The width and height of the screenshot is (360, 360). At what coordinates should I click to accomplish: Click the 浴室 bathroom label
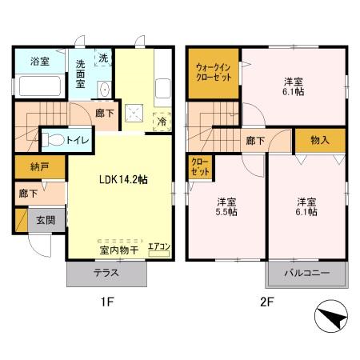(40, 62)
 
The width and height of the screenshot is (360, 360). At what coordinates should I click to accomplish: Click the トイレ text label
(78, 139)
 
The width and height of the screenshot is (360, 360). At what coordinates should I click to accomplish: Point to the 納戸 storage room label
(30, 169)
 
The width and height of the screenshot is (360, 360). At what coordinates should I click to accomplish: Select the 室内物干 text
(119, 251)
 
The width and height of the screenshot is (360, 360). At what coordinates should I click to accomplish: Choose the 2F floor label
(266, 303)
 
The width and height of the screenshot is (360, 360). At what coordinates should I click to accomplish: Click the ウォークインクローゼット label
(213, 73)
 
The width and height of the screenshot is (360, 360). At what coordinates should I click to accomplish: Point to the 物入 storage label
(319, 140)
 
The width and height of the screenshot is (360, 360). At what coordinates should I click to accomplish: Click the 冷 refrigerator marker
(162, 122)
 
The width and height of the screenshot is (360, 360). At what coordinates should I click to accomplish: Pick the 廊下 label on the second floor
(255, 141)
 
